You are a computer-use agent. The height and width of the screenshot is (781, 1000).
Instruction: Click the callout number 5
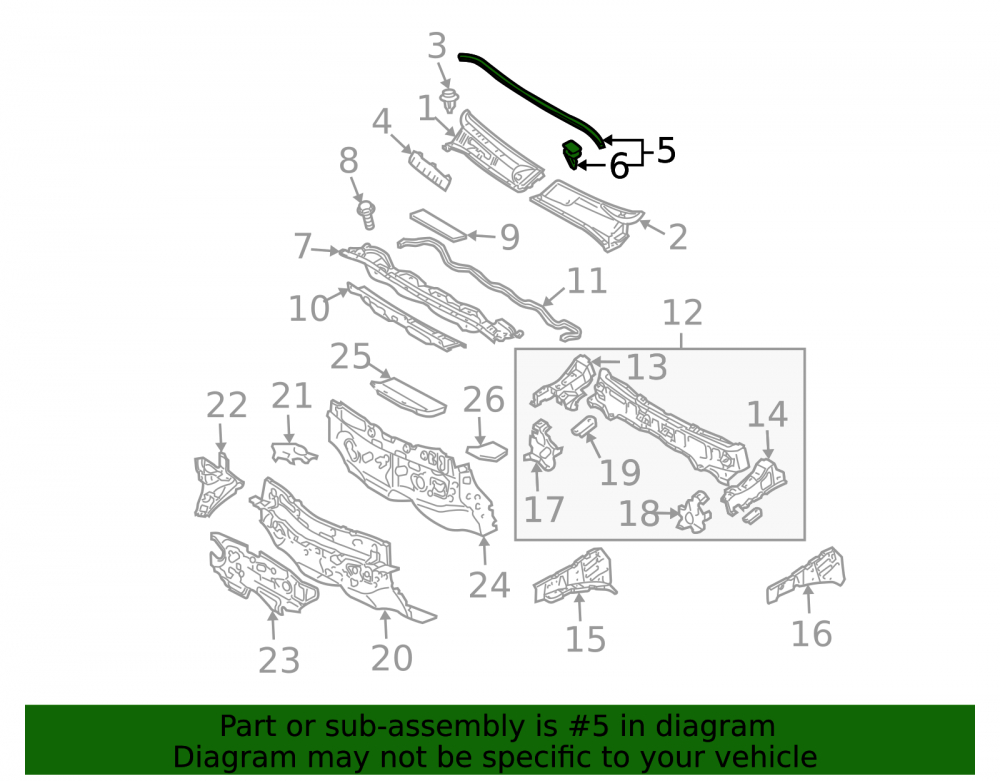[x=666, y=150]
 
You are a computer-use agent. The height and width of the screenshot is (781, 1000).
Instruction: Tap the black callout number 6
[x=619, y=166]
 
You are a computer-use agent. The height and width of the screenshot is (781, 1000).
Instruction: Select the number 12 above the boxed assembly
[x=682, y=312]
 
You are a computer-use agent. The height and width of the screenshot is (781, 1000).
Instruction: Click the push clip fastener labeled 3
[x=450, y=100]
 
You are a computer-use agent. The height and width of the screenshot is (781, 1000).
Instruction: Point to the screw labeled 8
[x=367, y=214]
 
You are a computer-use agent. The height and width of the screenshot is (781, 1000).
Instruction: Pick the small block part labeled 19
[x=584, y=425]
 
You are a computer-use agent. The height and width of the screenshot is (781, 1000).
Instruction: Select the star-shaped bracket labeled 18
[x=695, y=511]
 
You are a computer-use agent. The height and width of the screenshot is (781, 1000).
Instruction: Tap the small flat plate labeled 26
[x=487, y=451]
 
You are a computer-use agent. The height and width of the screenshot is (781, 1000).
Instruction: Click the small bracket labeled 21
[x=293, y=453]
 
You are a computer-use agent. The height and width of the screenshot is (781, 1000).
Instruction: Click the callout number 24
[x=489, y=585]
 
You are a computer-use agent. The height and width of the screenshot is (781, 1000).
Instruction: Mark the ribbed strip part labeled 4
[x=430, y=170]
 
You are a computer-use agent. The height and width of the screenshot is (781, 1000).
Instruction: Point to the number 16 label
[x=811, y=634]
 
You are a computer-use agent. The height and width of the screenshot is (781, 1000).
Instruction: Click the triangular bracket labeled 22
[x=217, y=485]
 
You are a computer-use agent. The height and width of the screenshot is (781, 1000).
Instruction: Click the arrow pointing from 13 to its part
[x=606, y=362]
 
